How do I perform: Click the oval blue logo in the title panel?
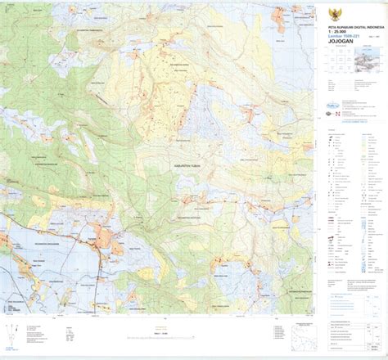point(332,104)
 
